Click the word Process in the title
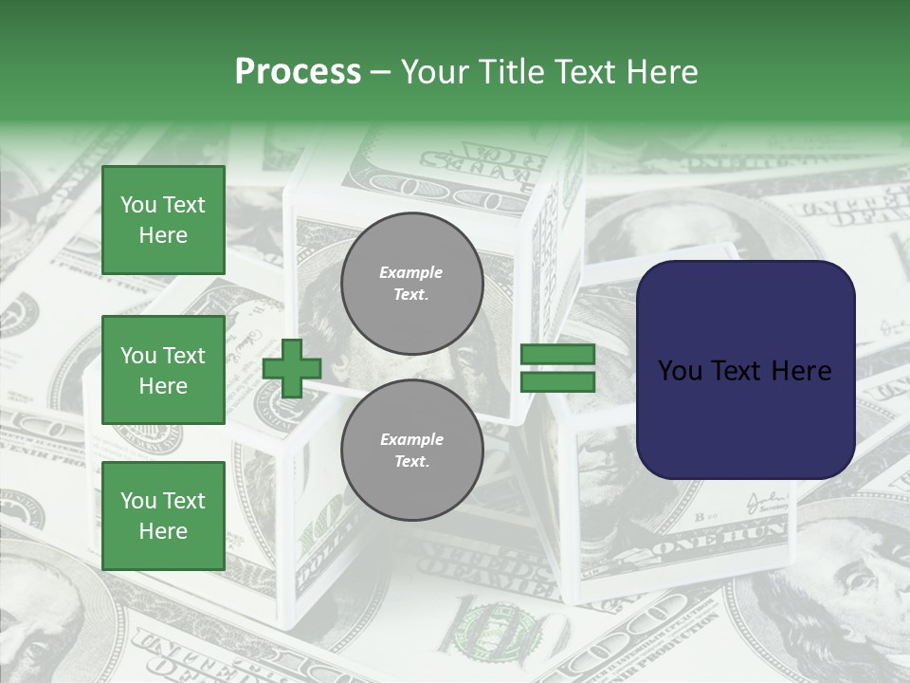[298, 72]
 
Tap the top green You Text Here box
[163, 220]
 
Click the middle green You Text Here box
[163, 370]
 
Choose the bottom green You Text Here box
[163, 515]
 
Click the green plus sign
[292, 369]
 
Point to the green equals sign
[557, 368]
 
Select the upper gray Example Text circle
[411, 284]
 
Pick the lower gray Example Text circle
[411, 450]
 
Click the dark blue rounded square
[745, 369]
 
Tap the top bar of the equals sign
[557, 355]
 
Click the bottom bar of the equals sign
[557, 381]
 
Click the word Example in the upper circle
[411, 272]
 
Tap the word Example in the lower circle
[411, 439]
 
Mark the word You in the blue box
[680, 371]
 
